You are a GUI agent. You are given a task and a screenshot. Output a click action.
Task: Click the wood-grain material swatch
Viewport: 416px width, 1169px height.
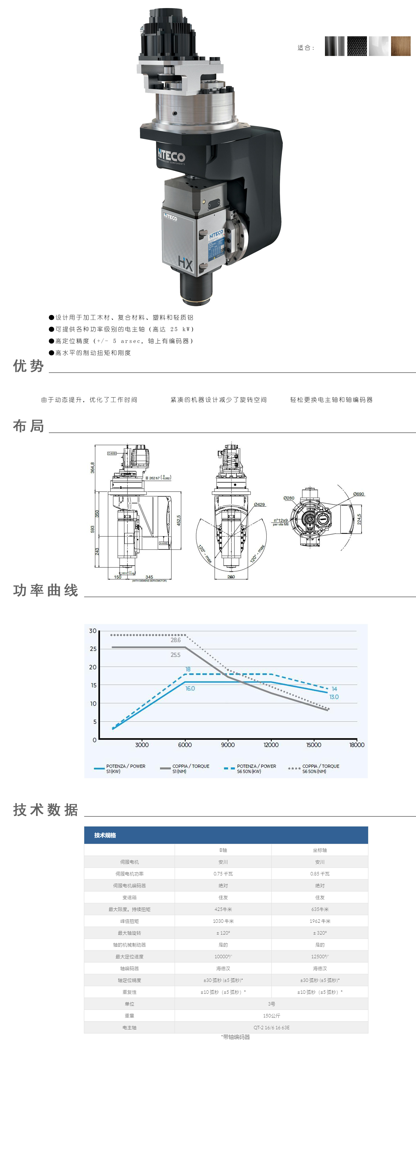(x=400, y=46)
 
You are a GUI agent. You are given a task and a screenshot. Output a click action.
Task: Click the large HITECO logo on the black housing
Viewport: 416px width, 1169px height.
(x=171, y=156)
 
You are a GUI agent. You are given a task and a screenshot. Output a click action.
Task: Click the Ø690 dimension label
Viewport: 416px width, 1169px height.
(x=358, y=494)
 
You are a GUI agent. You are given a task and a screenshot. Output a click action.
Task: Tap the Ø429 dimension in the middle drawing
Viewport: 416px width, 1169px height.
(x=259, y=504)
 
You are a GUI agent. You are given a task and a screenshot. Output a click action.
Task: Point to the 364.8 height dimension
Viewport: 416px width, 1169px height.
(x=93, y=467)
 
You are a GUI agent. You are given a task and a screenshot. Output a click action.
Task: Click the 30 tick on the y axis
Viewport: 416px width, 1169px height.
(x=93, y=631)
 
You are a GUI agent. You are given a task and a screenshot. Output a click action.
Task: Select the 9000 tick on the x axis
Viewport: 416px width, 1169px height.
(x=228, y=745)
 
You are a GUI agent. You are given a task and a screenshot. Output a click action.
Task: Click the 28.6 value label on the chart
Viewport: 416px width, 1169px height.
(x=176, y=640)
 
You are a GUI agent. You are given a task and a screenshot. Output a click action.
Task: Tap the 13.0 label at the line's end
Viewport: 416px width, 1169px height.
(x=334, y=697)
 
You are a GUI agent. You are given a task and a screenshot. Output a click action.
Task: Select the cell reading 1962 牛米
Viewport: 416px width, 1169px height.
(x=320, y=921)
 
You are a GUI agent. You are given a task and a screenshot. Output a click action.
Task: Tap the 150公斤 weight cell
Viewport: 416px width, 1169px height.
(x=271, y=1016)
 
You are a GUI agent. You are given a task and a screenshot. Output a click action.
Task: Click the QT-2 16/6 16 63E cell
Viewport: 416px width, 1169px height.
(x=271, y=1027)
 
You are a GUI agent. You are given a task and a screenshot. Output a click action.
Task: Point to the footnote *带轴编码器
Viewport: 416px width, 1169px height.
(x=235, y=1037)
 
